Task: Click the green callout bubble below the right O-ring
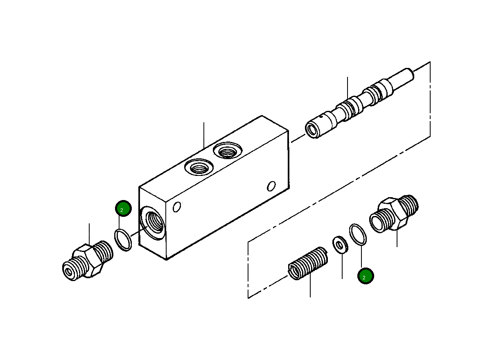(x=365, y=277)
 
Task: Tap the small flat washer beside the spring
(x=340, y=244)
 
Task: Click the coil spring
(x=308, y=264)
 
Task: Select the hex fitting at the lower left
(x=87, y=262)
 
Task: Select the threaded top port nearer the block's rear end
(x=226, y=151)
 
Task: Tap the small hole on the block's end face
(x=177, y=207)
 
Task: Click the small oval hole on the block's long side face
(x=271, y=186)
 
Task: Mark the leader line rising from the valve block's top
(x=203, y=135)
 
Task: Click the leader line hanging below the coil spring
(x=310, y=286)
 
